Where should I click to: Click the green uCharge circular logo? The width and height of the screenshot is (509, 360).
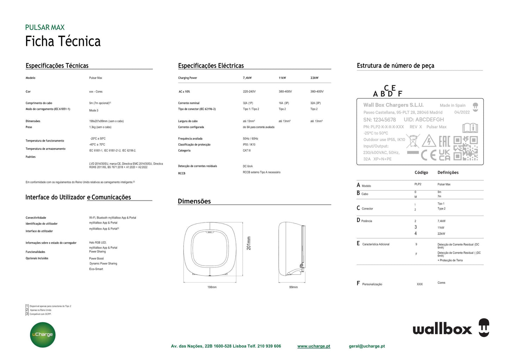click(x=43, y=335)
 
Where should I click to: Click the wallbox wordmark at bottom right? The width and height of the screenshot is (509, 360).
click(x=442, y=329)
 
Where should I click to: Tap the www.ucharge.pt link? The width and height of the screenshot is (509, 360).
click(x=314, y=346)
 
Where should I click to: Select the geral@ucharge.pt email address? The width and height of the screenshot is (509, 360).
click(x=367, y=346)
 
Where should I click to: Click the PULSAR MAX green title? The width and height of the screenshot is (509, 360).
click(x=45, y=27)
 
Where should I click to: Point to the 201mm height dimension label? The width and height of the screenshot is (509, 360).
click(x=249, y=243)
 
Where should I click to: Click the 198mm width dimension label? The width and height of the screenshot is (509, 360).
click(x=212, y=287)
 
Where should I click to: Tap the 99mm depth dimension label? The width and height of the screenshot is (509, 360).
click(x=293, y=287)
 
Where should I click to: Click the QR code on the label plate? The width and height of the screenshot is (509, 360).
click(x=465, y=148)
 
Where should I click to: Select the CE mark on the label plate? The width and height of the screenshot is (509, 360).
click(x=429, y=155)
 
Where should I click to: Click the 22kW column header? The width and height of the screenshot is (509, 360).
click(x=314, y=78)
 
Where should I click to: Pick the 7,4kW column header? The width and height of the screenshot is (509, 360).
click(x=247, y=78)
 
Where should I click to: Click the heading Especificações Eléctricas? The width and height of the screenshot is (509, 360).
click(x=211, y=66)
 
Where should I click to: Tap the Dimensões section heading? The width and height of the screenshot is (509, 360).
click(x=194, y=201)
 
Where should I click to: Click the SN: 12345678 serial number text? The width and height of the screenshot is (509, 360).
click(x=379, y=120)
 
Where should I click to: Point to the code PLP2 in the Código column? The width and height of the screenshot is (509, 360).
click(x=418, y=184)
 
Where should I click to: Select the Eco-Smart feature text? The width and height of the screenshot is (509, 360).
click(x=96, y=269)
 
